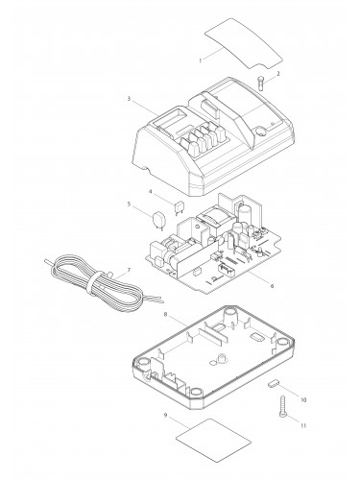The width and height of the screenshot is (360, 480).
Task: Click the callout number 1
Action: click(x=201, y=60)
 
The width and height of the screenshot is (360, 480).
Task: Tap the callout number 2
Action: click(x=278, y=74)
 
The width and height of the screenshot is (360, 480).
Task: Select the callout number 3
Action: click(x=129, y=99)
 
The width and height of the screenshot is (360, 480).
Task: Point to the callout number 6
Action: click(x=272, y=286)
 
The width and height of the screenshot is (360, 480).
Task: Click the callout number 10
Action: click(x=303, y=400)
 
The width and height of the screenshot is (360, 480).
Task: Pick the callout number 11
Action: click(x=303, y=425)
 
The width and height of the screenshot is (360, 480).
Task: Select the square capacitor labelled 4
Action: click(x=178, y=206)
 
